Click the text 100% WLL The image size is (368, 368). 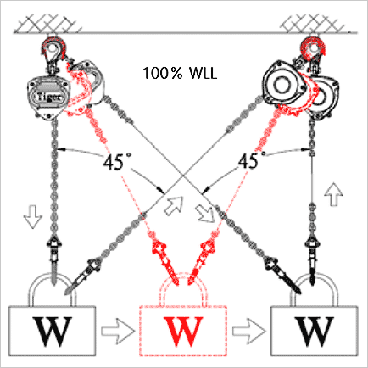pos(180,73)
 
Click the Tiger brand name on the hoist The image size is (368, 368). pos(49,97)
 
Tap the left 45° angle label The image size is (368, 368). pos(114,161)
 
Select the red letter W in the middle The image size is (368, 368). pos(183,332)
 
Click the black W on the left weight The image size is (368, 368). pos(52,332)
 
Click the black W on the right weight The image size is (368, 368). pos(314,332)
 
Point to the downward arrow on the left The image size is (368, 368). pos(33,217)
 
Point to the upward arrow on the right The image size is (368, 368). pos(333,194)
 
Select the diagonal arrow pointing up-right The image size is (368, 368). pos(175,206)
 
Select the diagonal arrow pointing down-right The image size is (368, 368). pos(204,213)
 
